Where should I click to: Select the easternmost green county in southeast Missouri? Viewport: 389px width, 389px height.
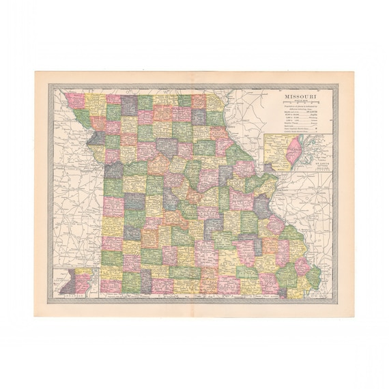[x=314, y=277]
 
